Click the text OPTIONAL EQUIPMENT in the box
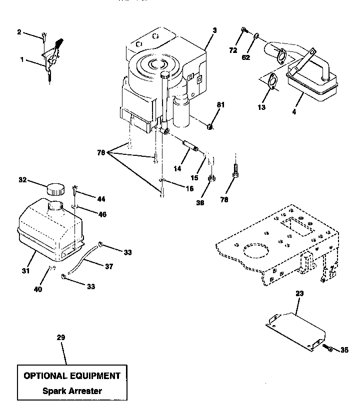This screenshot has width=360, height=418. point(72,376)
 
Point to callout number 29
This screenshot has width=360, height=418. point(60,338)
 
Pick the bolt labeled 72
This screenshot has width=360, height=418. point(243,30)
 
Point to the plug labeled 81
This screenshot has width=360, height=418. point(210,127)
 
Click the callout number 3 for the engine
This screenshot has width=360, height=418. point(214,30)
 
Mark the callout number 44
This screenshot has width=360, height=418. point(101,199)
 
